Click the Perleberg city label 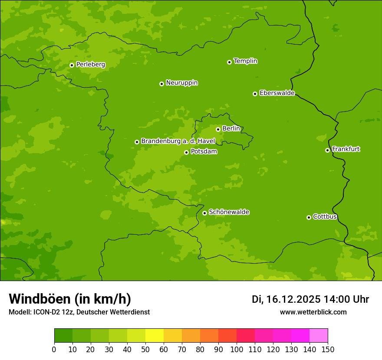[90, 65]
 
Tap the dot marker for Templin [229, 62]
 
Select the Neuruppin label [181, 83]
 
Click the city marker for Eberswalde [255, 94]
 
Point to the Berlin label [231, 129]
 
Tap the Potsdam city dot [186, 152]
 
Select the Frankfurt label [346, 149]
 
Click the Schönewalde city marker [204, 213]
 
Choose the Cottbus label [325, 216]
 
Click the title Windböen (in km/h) [69, 299]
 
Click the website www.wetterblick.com [313, 312]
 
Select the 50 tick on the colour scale [145, 349]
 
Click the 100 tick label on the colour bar [237, 349]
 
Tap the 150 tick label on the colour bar [328, 349]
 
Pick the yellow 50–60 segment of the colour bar [155, 336]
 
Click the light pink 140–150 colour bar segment [319, 336]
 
